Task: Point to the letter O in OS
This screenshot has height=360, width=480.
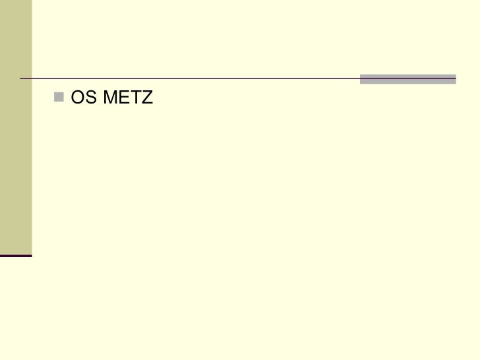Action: point(76,99)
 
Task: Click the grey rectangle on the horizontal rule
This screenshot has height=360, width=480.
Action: point(407,79)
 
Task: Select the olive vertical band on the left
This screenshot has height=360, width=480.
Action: point(16,125)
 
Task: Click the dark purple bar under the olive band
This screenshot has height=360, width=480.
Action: point(16,255)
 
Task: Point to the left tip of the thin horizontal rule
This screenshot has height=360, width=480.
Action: point(20,79)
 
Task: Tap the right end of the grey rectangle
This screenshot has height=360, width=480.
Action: point(455,79)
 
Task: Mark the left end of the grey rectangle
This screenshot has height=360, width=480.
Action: point(361,79)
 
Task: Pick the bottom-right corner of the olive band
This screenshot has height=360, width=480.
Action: point(31,253)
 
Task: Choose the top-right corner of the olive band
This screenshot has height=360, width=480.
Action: point(31,1)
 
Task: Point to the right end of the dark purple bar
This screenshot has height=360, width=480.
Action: point(31,255)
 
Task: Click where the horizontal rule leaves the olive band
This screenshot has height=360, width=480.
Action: point(32,79)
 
